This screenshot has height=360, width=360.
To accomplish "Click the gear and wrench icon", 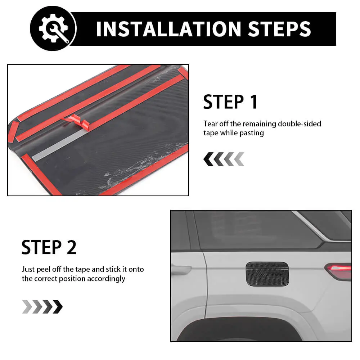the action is pyautogui.click(x=54, y=28).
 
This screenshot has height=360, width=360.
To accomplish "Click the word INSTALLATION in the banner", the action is pyautogui.click(x=168, y=29).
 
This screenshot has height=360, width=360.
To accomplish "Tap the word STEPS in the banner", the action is pyautogui.click(x=279, y=29).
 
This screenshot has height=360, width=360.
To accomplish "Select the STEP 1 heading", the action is pyautogui.click(x=230, y=102).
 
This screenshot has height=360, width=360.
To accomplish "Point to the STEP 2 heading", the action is pyautogui.click(x=49, y=247).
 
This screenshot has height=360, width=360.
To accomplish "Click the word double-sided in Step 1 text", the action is pyautogui.click(x=300, y=124).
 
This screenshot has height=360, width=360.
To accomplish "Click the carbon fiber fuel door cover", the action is pyautogui.click(x=267, y=274).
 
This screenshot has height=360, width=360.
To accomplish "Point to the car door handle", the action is pyautogui.click(x=181, y=269).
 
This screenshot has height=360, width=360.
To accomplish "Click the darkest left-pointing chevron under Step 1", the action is pyautogui.click(x=208, y=159).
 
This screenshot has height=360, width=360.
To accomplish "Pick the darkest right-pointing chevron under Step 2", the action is pyautogui.click(x=58, y=306).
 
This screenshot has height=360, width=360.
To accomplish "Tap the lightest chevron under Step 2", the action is pyautogui.click(x=27, y=306).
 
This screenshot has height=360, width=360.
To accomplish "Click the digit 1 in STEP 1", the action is pyautogui.click(x=254, y=102).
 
